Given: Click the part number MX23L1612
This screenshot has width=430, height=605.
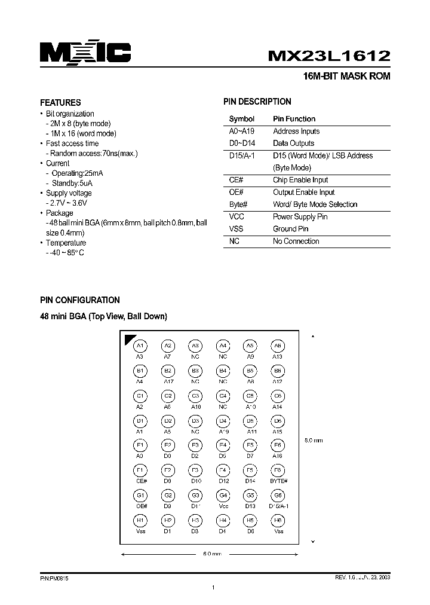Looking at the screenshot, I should click(329, 55).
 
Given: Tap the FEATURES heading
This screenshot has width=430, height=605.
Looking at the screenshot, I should click(60, 102).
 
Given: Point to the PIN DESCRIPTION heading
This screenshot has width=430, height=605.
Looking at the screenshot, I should click(257, 102).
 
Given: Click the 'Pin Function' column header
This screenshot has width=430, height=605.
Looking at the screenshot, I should click(294, 119).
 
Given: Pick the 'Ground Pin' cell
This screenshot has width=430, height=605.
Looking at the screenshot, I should click(290, 229).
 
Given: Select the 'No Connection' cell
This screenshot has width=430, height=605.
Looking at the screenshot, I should click(296, 242).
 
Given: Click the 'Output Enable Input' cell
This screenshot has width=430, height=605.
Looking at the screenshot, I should click(303, 192).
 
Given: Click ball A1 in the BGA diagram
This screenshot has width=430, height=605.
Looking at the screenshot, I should click(140, 346).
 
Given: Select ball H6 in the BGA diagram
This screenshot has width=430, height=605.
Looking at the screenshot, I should click(278, 521).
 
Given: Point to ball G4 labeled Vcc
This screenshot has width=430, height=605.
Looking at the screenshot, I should click(223, 496).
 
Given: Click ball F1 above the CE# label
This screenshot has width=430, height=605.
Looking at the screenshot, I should click(140, 470).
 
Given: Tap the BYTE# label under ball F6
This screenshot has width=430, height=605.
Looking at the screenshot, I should click(278, 481).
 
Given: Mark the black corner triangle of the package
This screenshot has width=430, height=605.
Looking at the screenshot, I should click(127, 339).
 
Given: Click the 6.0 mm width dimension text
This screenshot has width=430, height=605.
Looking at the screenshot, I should click(212, 554).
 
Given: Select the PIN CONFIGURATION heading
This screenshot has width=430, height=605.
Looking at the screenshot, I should click(79, 300).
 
